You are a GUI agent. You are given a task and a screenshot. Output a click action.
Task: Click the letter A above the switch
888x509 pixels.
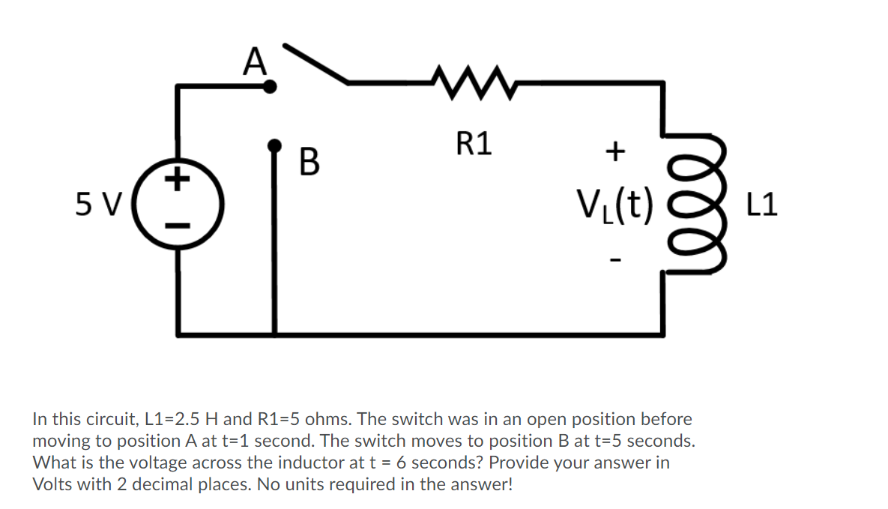[x=256, y=60]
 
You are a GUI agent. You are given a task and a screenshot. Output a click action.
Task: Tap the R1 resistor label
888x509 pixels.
[x=474, y=143]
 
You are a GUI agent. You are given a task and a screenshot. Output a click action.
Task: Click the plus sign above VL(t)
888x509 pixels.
[x=614, y=152]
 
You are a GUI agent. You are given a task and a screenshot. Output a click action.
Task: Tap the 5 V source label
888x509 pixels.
[x=98, y=202]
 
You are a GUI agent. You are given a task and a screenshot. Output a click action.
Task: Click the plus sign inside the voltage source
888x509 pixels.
[x=178, y=180]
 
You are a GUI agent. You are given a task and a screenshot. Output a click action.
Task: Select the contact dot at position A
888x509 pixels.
[x=271, y=88]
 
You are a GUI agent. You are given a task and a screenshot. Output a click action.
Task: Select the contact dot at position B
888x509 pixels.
[x=275, y=144]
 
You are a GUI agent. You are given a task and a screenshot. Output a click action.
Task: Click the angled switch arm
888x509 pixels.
[x=318, y=63]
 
